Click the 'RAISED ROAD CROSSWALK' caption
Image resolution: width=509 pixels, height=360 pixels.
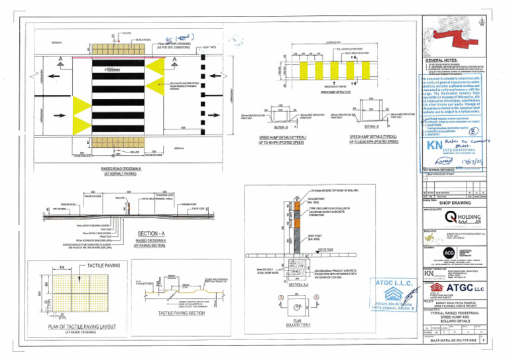tap(128, 169)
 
